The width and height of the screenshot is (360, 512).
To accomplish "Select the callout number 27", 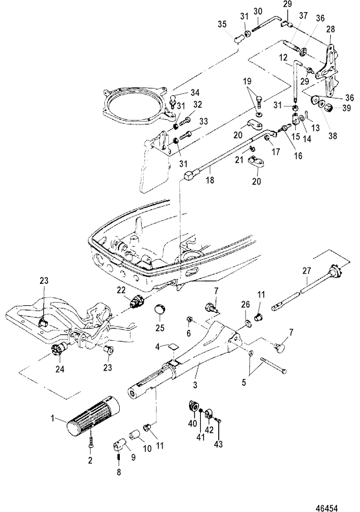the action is point(306,271).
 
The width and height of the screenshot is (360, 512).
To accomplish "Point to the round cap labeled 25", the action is point(160,309).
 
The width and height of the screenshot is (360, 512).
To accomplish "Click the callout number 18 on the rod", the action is point(210,180).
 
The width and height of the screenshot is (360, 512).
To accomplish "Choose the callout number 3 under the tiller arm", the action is point(195,386).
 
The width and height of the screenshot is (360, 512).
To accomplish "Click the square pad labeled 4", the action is point(173,347).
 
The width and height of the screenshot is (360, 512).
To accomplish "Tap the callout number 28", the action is point(331,29).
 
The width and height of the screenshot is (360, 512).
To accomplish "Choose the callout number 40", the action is point(193,423).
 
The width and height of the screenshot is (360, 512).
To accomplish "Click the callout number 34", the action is point(196,93).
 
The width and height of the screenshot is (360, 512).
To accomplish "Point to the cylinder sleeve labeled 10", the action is point(135,436).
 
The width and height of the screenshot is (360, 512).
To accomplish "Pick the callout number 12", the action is point(284,58).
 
